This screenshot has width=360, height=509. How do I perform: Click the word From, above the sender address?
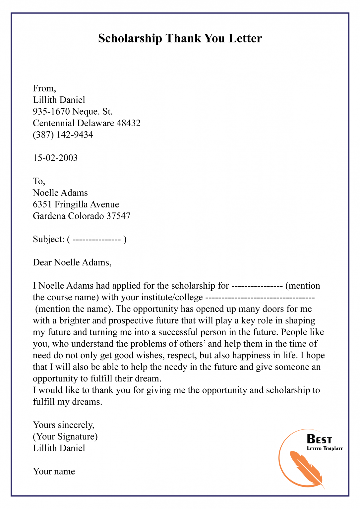tap(44, 88)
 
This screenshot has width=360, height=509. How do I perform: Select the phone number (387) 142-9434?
tap(63, 135)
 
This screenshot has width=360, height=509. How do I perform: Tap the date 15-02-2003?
tap(55, 158)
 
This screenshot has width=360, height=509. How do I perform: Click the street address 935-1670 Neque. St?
tap(73, 112)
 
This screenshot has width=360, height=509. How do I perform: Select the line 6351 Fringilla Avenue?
tap(76, 204)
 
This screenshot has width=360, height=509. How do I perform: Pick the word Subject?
tap(48, 239)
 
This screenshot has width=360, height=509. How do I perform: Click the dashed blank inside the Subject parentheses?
tap(96, 240)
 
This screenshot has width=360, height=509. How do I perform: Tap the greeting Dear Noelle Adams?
tap(72, 262)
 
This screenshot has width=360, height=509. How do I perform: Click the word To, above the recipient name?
tap(39, 181)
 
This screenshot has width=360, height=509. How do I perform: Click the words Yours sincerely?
tap(64, 425)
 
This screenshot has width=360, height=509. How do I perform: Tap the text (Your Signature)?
tap(65, 437)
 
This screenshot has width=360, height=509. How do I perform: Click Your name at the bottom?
tap(54, 472)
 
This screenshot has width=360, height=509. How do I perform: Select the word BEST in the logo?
tap(319, 439)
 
